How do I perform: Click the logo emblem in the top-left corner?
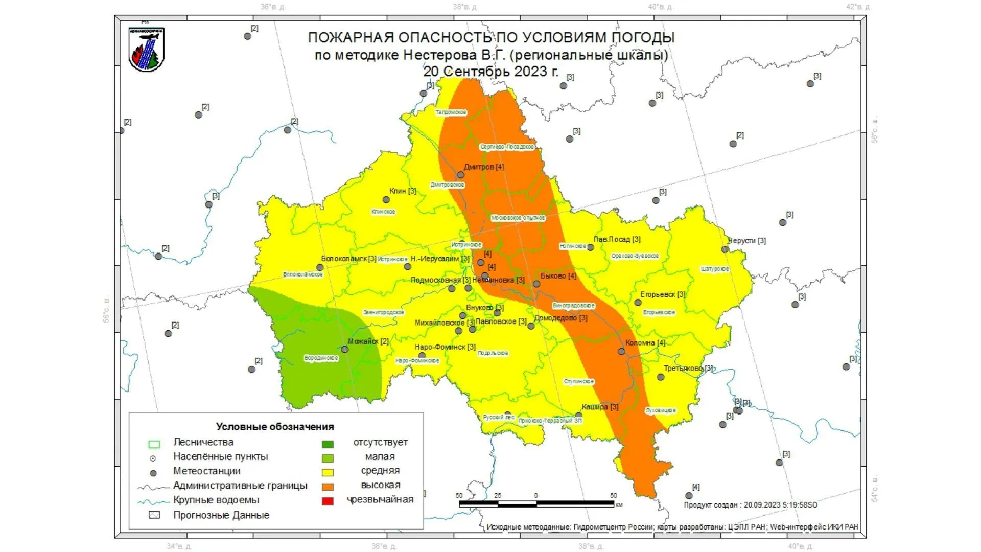point(147,50)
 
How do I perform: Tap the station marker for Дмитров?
point(460,175)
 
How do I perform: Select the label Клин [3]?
point(403,191)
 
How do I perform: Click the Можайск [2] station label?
point(368,341)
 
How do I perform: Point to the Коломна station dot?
point(621,352)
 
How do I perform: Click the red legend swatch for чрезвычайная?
point(328,501)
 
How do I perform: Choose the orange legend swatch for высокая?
point(328,487)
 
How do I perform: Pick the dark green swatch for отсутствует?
point(328,444)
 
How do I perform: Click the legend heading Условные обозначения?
point(274,427)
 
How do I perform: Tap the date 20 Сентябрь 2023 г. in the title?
point(491,72)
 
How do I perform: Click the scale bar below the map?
point(536,504)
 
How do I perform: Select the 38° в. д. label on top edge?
point(465,7)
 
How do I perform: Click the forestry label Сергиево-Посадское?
point(507,147)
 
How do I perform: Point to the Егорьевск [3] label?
point(663,295)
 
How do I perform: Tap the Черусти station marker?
point(725,249)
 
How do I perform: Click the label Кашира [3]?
point(600,407)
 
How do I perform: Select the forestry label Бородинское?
point(321,358)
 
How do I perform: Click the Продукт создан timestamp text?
point(750,505)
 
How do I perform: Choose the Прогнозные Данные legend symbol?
point(154,515)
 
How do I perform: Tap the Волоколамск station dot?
point(320,267)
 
